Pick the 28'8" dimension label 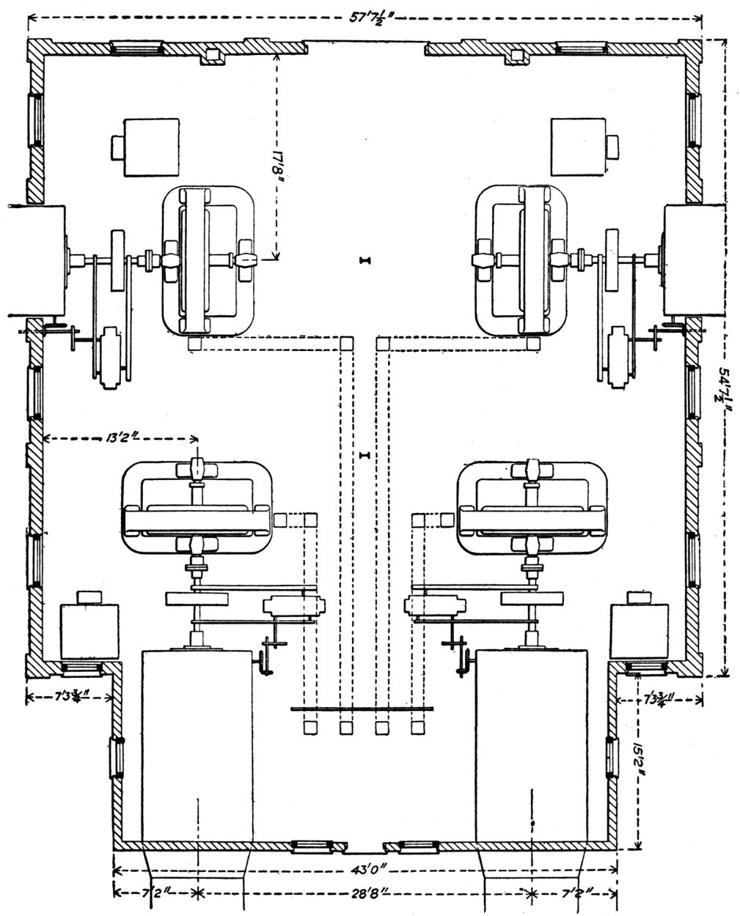[365, 893]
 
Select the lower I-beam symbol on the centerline [365, 457]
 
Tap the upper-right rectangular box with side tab [580, 147]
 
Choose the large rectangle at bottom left [199, 745]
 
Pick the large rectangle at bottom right [532, 745]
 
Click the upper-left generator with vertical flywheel [207, 260]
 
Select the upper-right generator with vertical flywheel [523, 260]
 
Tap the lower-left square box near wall [89, 628]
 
